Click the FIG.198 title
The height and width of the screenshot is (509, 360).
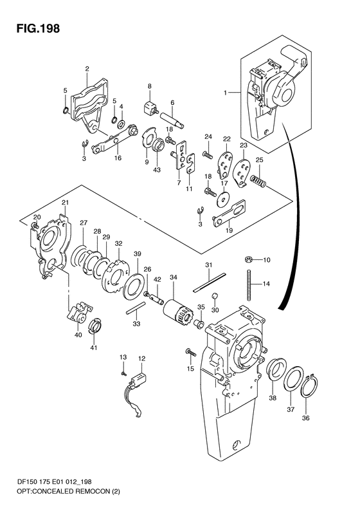[38, 28]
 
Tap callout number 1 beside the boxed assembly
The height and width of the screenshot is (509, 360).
[225, 93]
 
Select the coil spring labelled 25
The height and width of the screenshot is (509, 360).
[259, 181]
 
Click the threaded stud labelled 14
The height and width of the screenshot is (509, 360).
[249, 284]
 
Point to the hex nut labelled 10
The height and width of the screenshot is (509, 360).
[249, 259]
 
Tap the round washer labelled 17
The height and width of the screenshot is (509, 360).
[224, 198]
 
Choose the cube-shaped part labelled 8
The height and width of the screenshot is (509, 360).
[150, 107]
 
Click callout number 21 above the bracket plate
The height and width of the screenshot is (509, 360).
[65, 203]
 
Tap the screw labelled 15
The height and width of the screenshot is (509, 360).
[190, 352]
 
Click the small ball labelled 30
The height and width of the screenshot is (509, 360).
[214, 296]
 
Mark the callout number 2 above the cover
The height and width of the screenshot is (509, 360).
[87, 68]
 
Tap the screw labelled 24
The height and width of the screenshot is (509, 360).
[208, 154]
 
